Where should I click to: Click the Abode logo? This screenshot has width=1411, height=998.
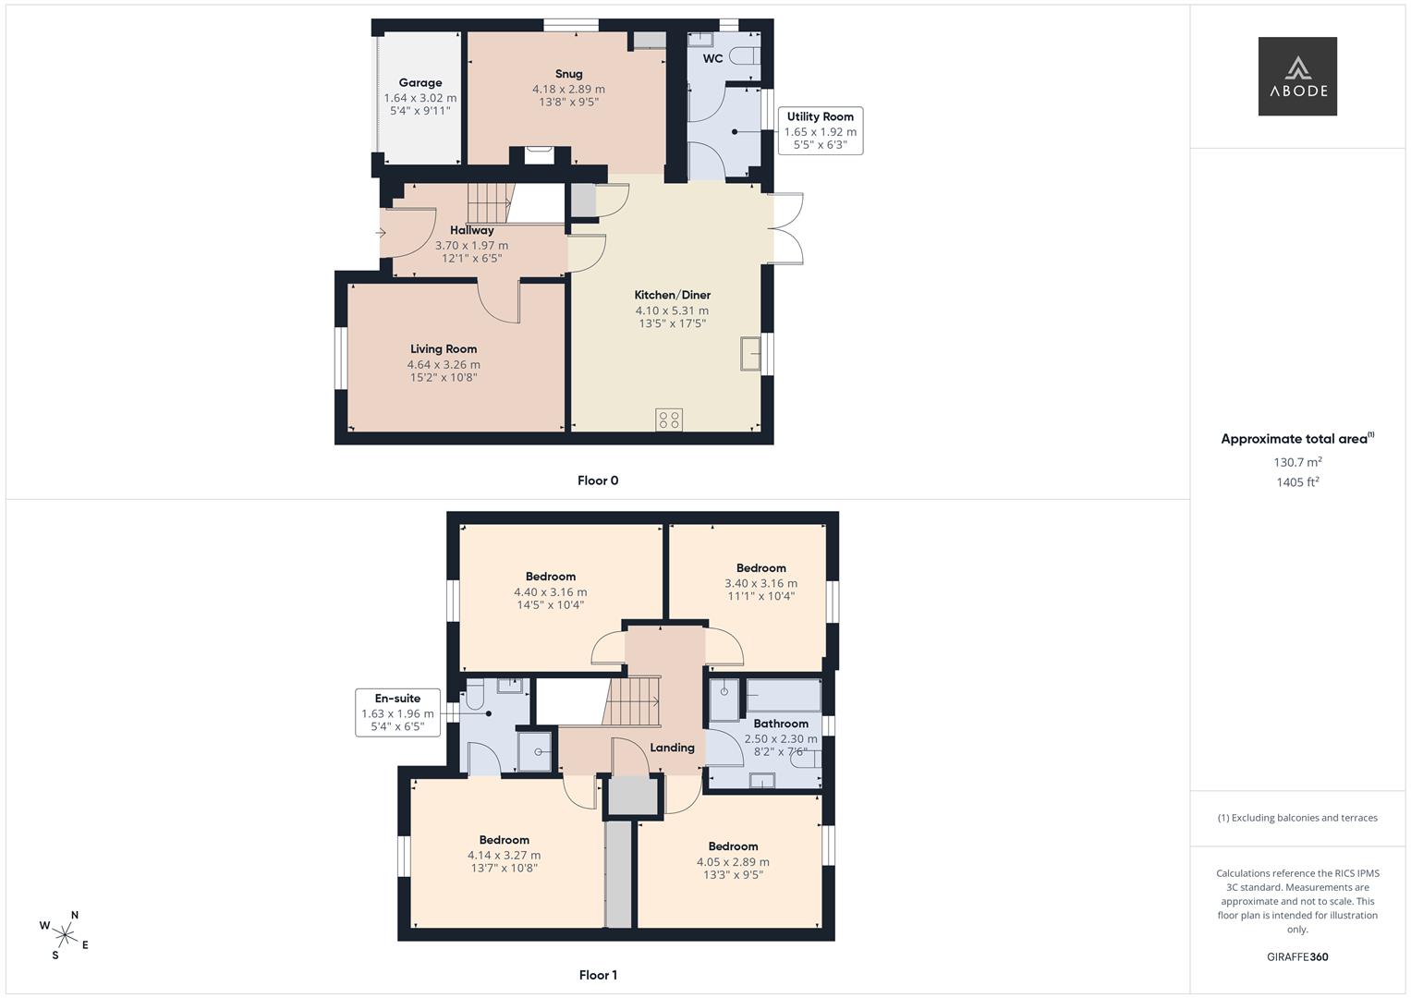(x=1297, y=76)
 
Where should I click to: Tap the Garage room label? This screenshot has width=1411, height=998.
(x=420, y=82)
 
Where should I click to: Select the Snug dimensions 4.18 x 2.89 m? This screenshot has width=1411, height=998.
(x=568, y=90)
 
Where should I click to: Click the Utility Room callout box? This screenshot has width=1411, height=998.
(x=821, y=130)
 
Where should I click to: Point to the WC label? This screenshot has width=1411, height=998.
(x=712, y=58)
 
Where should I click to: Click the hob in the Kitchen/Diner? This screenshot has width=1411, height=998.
(x=668, y=420)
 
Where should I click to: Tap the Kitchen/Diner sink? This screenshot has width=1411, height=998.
(x=750, y=353)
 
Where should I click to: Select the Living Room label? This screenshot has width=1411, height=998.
(x=444, y=349)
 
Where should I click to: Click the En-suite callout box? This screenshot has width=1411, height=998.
(x=397, y=712)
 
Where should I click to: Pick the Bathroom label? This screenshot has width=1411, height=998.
(x=781, y=724)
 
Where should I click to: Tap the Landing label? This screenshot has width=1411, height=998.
(x=672, y=748)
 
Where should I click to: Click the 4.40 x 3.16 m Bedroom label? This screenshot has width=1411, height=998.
(x=551, y=577)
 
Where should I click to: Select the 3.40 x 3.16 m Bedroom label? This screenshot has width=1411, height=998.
(x=760, y=568)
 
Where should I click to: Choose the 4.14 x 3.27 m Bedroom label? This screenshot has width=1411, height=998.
(x=504, y=840)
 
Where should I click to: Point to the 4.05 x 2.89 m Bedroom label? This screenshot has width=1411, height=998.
(x=733, y=846)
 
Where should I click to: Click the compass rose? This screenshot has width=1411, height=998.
(x=65, y=935)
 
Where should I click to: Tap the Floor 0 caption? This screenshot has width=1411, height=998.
(x=598, y=481)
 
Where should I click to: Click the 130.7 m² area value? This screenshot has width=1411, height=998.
(x=1297, y=462)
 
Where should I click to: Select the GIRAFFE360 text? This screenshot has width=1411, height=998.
(x=1297, y=956)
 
